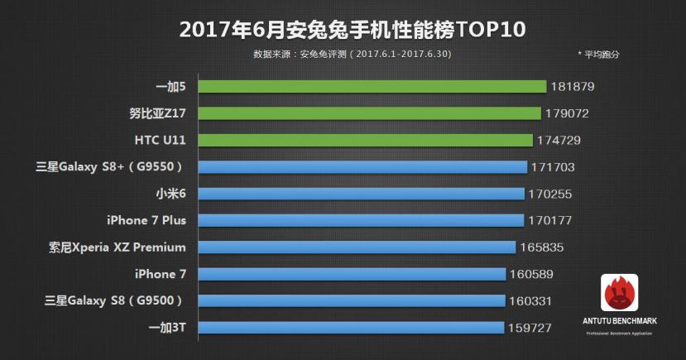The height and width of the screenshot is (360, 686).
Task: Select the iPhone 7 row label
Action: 156,274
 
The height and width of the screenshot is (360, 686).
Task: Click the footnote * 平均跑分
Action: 598,55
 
